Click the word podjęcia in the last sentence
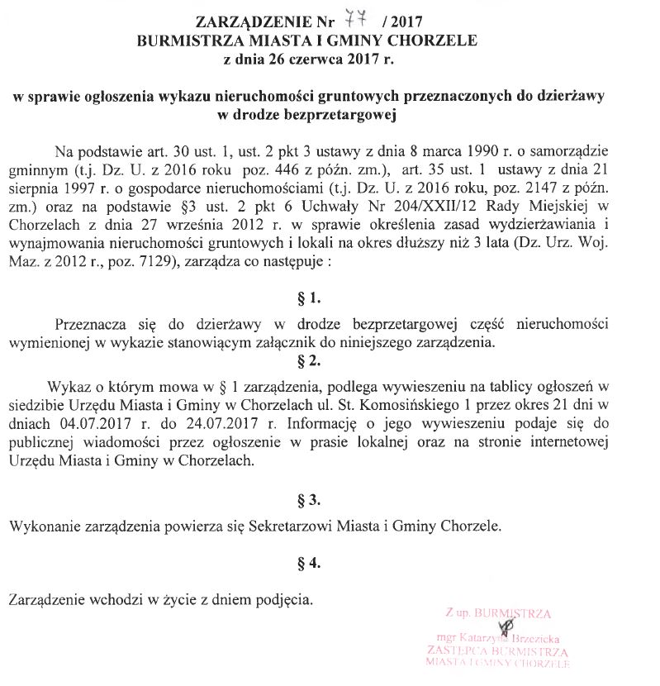(284, 596)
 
